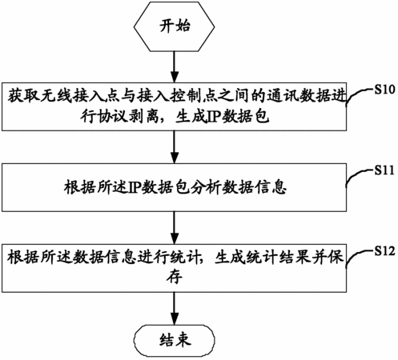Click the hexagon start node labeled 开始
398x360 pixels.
pos(174,26)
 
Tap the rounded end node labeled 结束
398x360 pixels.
pos(174,341)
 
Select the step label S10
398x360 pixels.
pos(384,90)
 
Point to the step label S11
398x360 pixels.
pos(384,170)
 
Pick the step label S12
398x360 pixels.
pos(384,251)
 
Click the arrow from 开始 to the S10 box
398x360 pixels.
pos(175,66)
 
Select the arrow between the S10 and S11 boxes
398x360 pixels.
pos(175,147)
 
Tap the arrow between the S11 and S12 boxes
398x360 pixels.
pos(175,227)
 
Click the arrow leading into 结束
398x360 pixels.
pos(175,308)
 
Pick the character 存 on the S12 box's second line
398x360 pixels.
pos(175,276)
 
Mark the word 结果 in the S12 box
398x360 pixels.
pos(295,258)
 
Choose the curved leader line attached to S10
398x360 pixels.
pos(360,97)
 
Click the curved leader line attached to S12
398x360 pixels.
pos(360,258)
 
